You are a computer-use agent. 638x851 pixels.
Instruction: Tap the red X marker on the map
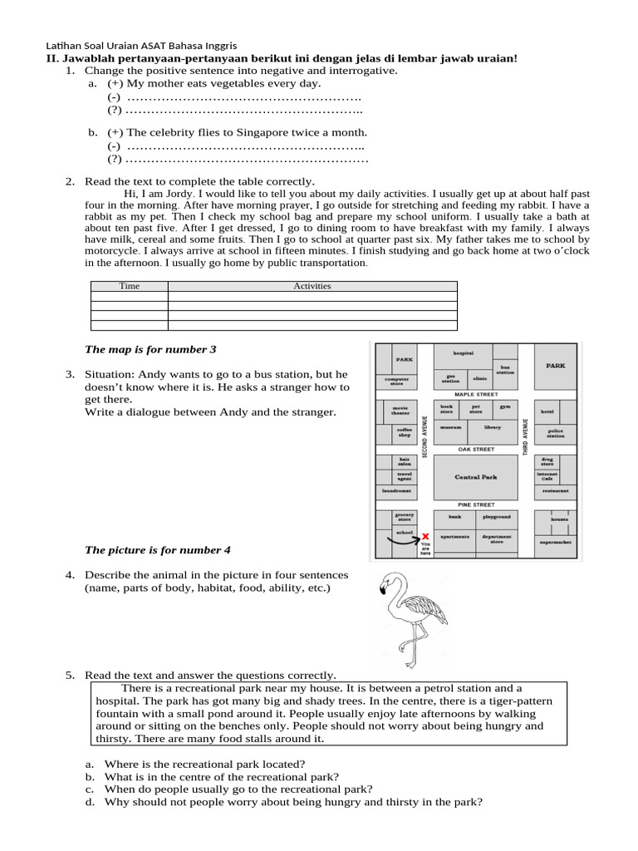(426, 537)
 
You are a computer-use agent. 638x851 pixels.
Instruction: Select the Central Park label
(475, 477)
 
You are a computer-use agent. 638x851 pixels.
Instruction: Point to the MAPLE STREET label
(476, 394)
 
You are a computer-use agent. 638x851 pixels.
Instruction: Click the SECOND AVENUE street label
(425, 435)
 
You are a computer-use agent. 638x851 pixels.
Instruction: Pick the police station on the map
(556, 434)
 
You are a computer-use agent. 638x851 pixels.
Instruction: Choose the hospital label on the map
(463, 352)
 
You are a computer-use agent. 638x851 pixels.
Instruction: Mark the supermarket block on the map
(556, 541)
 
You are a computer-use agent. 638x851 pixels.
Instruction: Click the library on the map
(493, 427)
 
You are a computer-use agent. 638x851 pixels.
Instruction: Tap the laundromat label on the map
(396, 491)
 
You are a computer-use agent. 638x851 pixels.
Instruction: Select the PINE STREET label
(476, 504)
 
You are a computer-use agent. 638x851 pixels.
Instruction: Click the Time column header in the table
(130, 286)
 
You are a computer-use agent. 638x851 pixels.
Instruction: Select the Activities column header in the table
(312, 286)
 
